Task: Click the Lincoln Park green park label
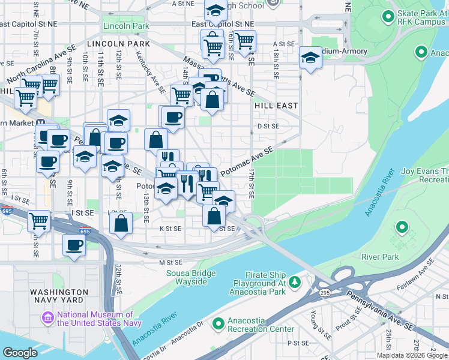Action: [x=126, y=26]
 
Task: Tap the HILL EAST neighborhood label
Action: [x=276, y=105]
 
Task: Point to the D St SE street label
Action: [x=268, y=126]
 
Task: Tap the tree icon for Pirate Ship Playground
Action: [x=294, y=281]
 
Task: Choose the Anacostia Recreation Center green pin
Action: [x=217, y=323]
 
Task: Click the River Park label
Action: [x=380, y=257]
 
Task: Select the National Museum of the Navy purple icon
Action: [x=47, y=317]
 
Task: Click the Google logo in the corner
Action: [x=20, y=353]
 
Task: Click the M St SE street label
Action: [x=170, y=262]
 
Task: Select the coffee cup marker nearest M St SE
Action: [x=74, y=245]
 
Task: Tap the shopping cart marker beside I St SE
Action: [x=39, y=220]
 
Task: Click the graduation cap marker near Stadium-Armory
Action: [x=310, y=58]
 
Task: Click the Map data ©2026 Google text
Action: [x=412, y=355]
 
